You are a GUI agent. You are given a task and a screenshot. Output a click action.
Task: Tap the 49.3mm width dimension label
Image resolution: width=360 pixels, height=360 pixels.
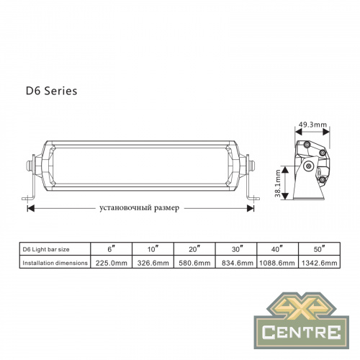pos(312,125)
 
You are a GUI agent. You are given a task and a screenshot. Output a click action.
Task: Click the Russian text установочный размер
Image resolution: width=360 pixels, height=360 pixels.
pos(140,207)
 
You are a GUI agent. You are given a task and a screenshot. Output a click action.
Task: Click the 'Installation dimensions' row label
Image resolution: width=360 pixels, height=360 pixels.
pos(54,264)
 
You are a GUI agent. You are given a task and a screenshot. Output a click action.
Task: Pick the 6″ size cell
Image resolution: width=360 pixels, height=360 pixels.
pos(111,248)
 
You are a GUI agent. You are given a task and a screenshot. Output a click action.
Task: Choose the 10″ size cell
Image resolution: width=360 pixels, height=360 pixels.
pos(153,248)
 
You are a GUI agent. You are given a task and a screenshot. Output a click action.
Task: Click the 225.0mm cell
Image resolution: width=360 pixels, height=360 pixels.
pos(111,264)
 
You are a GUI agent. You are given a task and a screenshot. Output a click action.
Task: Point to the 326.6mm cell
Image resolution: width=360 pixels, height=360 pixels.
pos(153,264)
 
